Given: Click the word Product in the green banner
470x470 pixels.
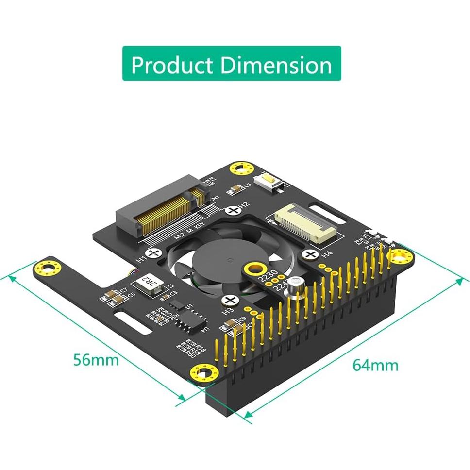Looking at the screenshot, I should click(x=172, y=65).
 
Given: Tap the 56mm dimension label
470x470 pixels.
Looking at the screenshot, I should click(x=96, y=360).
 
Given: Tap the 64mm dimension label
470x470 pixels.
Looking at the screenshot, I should click(x=375, y=365).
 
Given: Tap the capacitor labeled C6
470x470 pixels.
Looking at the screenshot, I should click(x=236, y=187).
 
